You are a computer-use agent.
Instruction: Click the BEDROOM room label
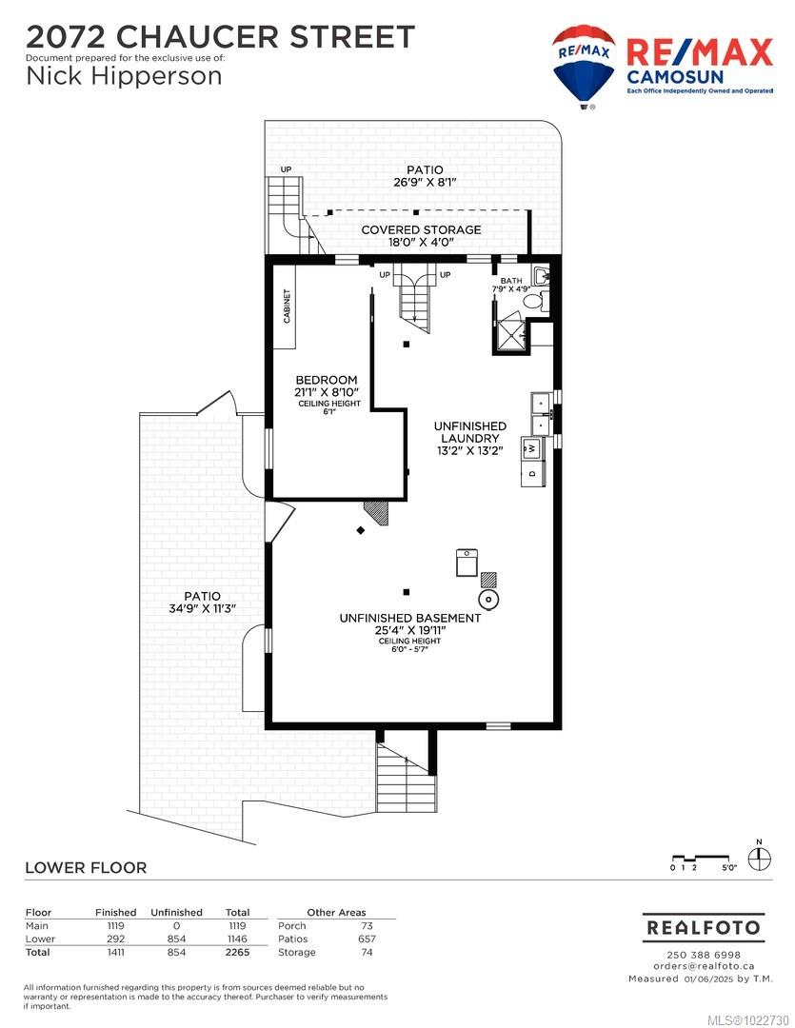click(x=326, y=380)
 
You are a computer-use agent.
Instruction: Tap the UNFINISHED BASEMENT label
click(x=409, y=618)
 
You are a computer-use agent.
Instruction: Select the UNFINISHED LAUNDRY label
click(x=469, y=432)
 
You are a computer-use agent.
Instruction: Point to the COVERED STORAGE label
click(x=421, y=229)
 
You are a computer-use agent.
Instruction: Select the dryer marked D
click(x=533, y=472)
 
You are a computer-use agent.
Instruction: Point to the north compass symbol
click(x=758, y=859)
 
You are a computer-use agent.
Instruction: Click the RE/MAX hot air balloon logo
click(x=583, y=65)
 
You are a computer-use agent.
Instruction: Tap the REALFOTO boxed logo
click(x=703, y=926)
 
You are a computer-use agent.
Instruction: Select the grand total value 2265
click(x=236, y=952)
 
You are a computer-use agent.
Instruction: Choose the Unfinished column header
click(x=176, y=912)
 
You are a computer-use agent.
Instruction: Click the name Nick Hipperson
click(x=124, y=76)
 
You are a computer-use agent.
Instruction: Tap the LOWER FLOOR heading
click(x=86, y=867)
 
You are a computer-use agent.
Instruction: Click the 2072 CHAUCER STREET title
click(x=220, y=37)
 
